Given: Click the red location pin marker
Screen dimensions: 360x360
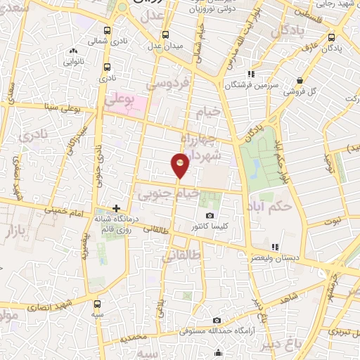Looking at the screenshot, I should click(181, 165).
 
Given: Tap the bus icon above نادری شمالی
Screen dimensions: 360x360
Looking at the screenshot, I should click(107, 31).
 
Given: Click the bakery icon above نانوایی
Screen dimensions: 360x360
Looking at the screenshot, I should click(73, 51).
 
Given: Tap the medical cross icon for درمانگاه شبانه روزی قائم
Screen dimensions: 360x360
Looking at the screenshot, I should click(117, 209).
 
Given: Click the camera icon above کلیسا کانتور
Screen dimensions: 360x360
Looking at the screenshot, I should click(209, 215).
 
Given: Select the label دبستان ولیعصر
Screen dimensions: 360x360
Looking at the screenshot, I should click(287, 257).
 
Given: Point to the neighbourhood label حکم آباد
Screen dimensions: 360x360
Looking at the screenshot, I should click(270, 207).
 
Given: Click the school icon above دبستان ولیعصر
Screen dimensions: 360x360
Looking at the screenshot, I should click(275, 247).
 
